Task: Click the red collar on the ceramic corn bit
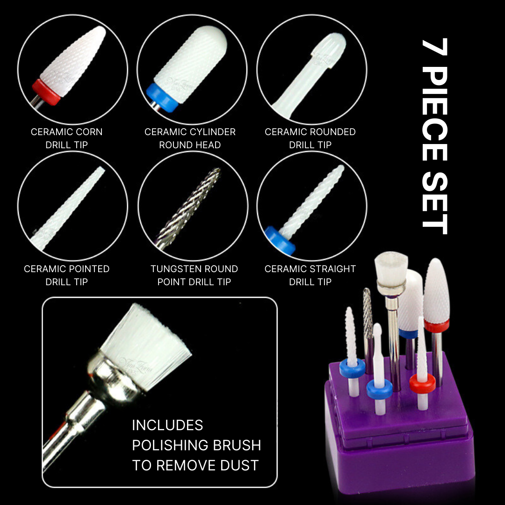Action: point(46,92)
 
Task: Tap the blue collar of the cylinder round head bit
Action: point(162,98)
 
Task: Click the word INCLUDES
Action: point(167,425)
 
